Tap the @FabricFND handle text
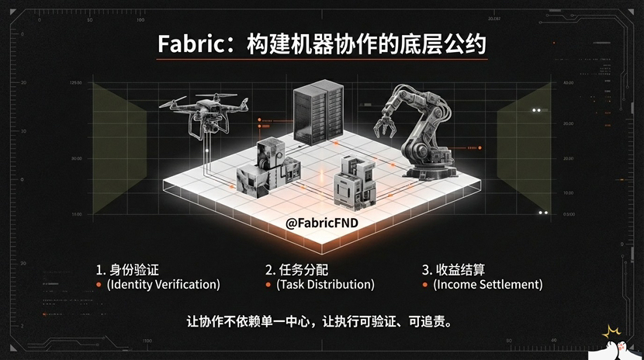click(321, 223)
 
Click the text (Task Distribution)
click(325, 284)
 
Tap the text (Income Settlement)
click(487, 284)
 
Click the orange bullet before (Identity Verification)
click(99, 285)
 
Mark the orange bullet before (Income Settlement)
click(425, 285)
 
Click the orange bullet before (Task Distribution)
click(268, 285)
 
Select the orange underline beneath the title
click(321, 59)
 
